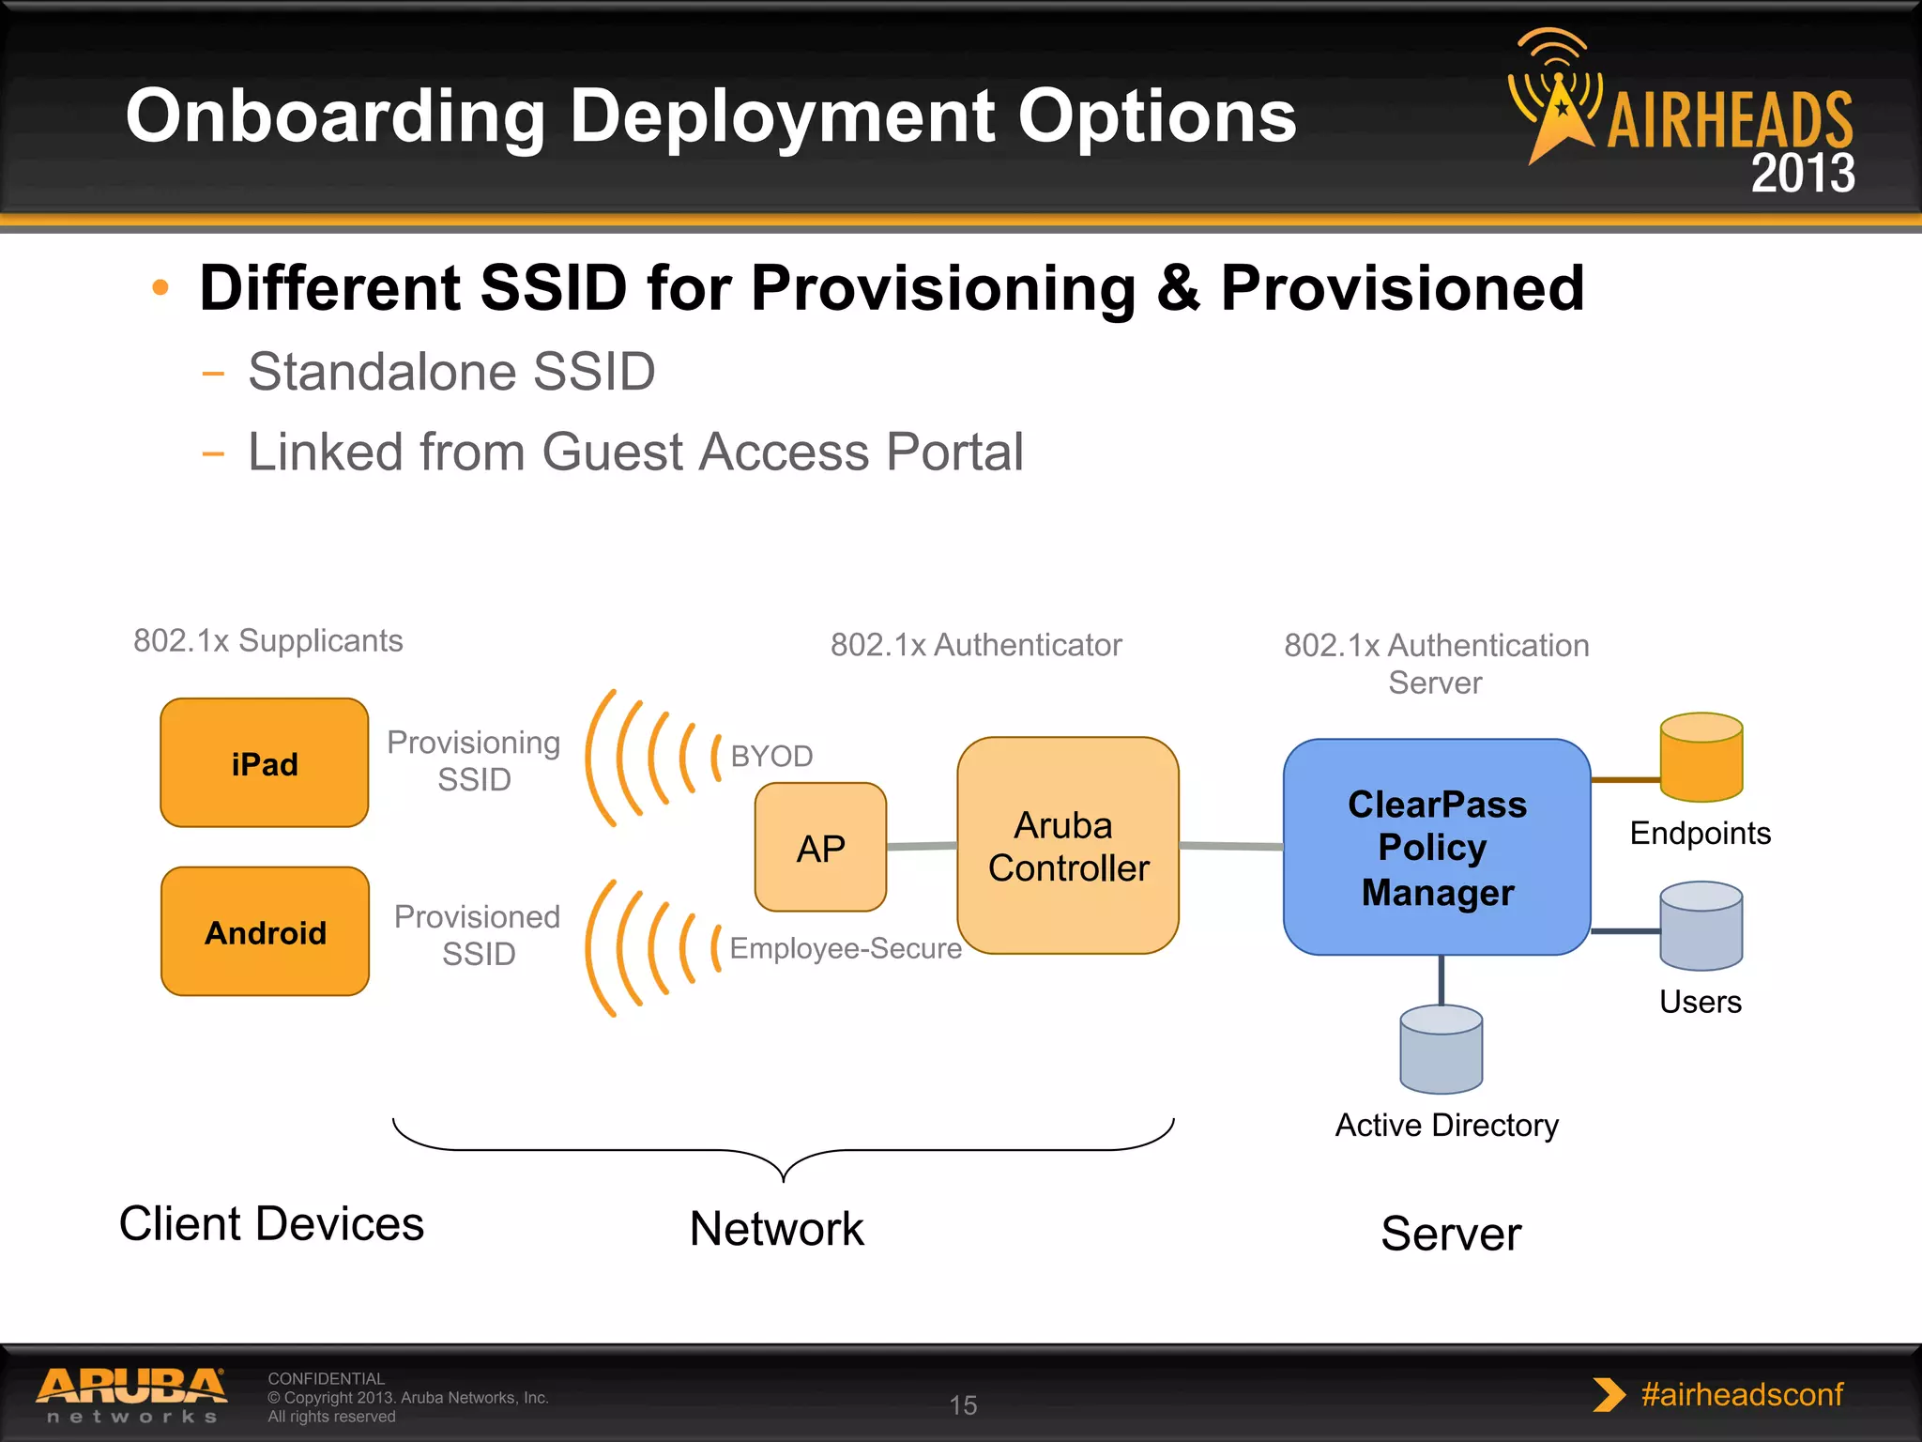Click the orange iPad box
coord(264,762)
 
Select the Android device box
coord(265,931)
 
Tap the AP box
coord(820,848)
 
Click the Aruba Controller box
coord(1068,846)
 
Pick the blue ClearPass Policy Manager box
coord(1436,847)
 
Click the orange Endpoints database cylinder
coord(1701,758)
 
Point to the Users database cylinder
coord(1701,926)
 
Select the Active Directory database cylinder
coord(1441,1050)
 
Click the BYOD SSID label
coord(771,756)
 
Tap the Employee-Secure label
coord(845,948)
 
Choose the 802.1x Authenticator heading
coord(976,645)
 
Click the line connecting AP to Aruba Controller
coord(922,846)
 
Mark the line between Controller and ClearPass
coord(1230,846)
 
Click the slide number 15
coord(963,1405)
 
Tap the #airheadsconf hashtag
coord(1742,1394)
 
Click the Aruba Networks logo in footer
coord(131,1394)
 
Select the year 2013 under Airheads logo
coord(1802,174)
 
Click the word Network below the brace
coord(777,1229)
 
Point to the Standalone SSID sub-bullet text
coord(451,372)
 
